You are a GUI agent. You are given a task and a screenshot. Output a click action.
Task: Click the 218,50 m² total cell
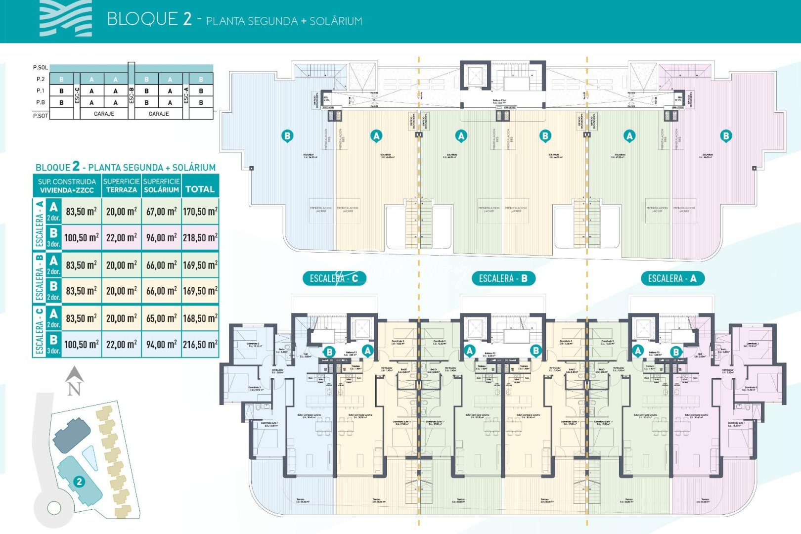(200, 237)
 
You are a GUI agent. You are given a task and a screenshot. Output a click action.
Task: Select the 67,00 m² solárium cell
(161, 212)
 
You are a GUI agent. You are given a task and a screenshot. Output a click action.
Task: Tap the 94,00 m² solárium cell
(161, 345)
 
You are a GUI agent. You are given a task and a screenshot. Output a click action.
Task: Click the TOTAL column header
(200, 189)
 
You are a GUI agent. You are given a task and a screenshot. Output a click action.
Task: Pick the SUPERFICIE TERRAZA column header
(121, 185)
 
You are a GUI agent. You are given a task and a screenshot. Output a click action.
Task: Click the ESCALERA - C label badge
(334, 278)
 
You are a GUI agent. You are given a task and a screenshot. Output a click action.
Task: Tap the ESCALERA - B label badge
(503, 278)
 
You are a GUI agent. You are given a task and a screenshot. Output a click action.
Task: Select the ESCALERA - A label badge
(672, 278)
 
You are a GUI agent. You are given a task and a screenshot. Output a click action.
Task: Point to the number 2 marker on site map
(79, 482)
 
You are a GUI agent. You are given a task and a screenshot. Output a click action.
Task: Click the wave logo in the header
(65, 18)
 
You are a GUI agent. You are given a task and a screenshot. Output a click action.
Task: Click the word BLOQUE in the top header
(142, 19)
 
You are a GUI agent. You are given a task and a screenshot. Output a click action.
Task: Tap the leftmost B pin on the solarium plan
(287, 135)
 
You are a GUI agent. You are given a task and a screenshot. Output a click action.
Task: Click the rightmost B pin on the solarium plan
(726, 135)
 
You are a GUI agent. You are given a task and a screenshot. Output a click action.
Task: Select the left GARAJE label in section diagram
(104, 114)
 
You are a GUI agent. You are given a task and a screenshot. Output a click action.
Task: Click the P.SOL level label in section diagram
(40, 68)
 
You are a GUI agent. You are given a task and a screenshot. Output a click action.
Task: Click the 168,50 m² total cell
(200, 318)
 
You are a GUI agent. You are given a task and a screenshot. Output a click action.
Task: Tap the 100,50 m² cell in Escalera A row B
(81, 237)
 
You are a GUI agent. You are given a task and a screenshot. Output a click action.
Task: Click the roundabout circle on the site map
(54, 507)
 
